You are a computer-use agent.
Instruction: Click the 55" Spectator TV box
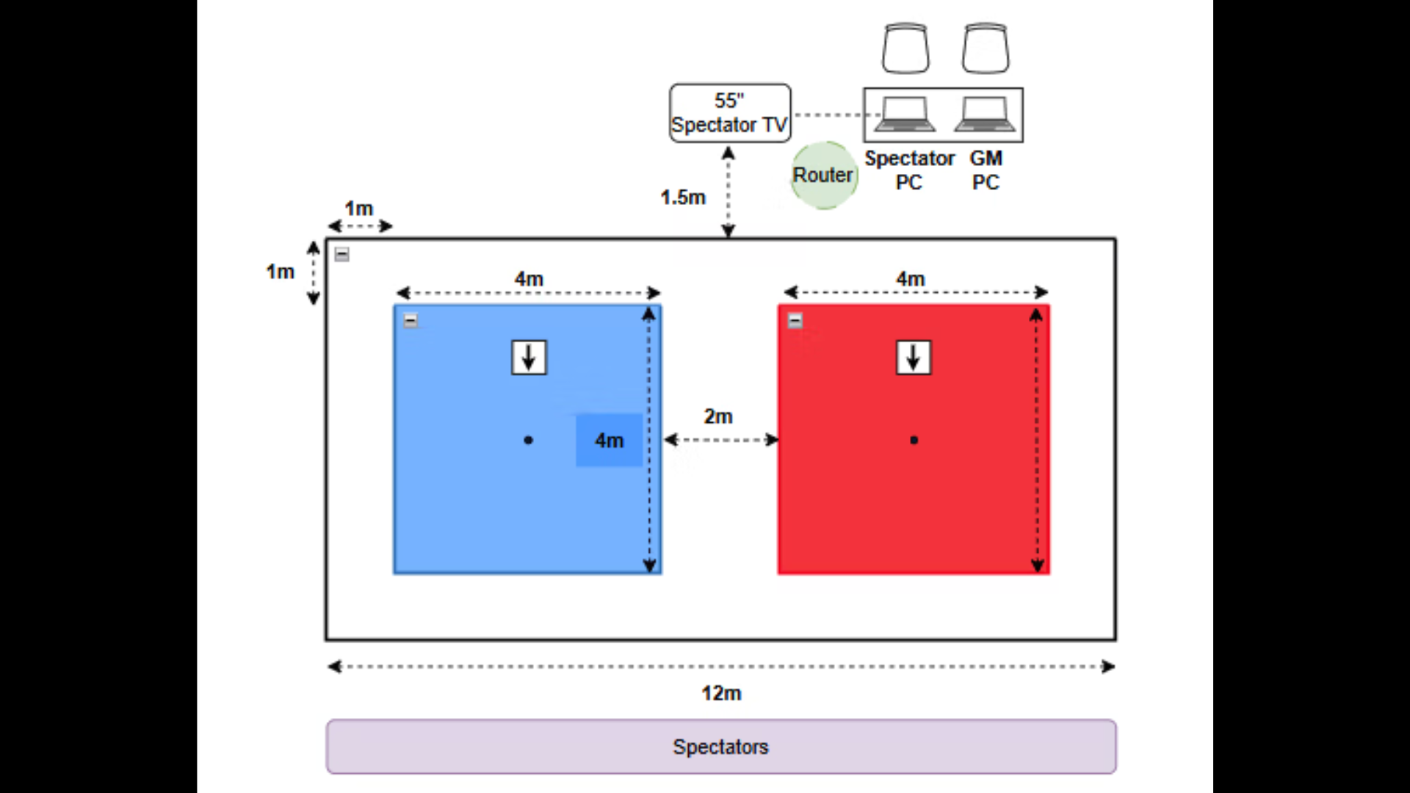[x=730, y=113]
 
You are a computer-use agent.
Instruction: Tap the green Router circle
[x=824, y=175]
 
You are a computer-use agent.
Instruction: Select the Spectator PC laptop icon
[x=905, y=115]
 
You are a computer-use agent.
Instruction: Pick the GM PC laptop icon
[x=985, y=115]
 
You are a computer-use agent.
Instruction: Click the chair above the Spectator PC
[x=905, y=48]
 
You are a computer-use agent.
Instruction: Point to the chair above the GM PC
[x=986, y=48]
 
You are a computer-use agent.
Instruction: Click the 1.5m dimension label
[x=683, y=198]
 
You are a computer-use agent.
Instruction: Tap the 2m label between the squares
[x=718, y=416]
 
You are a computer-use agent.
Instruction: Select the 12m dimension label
[x=721, y=693]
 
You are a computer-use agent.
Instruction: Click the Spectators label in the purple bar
[x=720, y=747]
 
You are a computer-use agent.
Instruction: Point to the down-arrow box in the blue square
[x=529, y=358]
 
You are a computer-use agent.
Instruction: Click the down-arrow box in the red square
[x=914, y=358]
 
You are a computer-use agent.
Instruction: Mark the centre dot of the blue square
[x=529, y=441]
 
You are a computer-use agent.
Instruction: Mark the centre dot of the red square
[x=914, y=441]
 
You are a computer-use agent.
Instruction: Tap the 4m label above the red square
[x=911, y=279]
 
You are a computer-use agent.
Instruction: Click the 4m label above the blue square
[x=529, y=279]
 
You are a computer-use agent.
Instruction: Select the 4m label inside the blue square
[x=610, y=441]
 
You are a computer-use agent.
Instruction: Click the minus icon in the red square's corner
[x=795, y=321]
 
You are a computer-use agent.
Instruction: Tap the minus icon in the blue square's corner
[x=411, y=321]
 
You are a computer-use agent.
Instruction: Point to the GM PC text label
[x=986, y=170]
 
